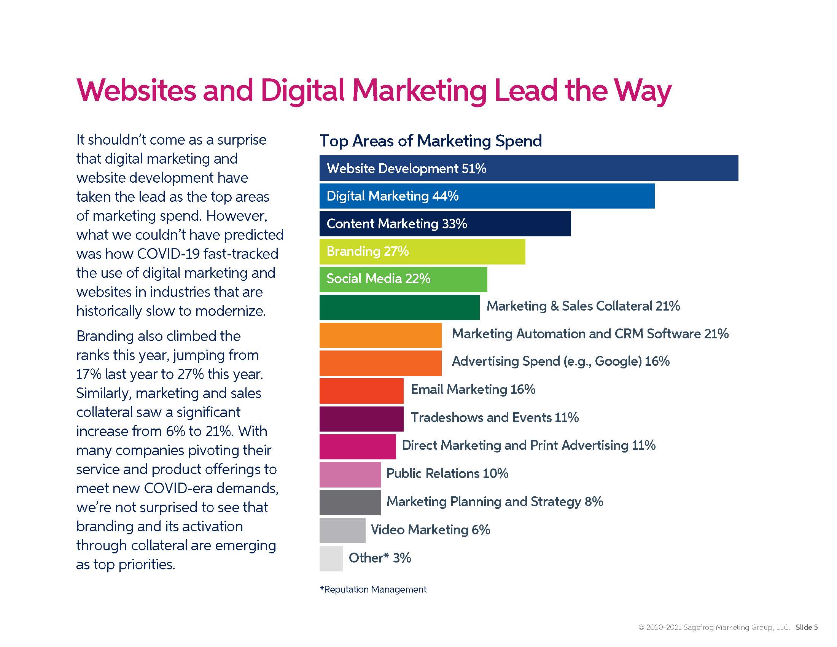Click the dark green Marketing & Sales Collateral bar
pos(399,307)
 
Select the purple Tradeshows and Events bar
pos(361,419)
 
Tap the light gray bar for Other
pos(331,558)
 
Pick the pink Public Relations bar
pos(350,475)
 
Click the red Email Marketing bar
pos(361,390)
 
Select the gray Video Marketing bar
pos(342,531)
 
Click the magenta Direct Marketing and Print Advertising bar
pos(358,446)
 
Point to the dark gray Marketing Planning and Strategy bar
pos(350,502)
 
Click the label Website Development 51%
pos(406,169)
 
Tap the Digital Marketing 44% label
pos(393,196)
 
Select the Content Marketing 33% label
pos(397,224)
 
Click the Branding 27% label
pos(368,252)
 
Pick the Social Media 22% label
pos(378,279)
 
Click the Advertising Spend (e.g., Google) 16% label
pos(561,362)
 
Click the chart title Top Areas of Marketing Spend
pos(431,141)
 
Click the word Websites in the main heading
pos(137,91)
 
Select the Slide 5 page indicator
pos(806,628)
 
